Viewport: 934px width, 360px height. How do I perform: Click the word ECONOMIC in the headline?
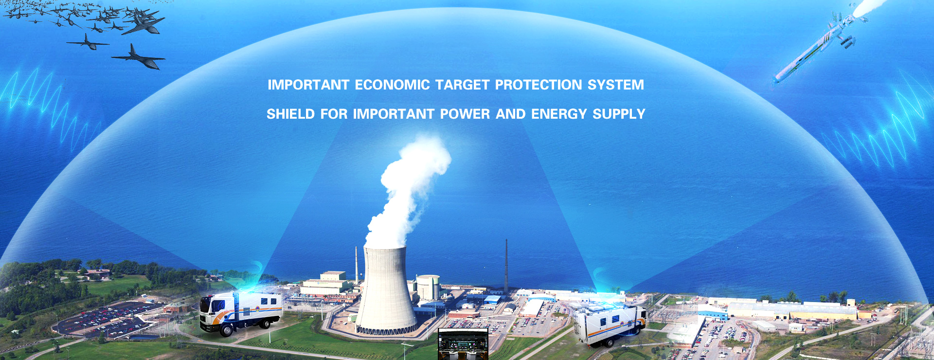coord(392,85)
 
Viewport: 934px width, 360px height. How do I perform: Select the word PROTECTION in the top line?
coord(539,85)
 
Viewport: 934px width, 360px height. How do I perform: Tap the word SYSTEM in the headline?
coord(616,85)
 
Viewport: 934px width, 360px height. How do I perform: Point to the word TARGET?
coord(463,85)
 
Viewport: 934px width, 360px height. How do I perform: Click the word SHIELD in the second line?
coord(290,114)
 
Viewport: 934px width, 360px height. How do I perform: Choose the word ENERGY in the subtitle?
coord(559,114)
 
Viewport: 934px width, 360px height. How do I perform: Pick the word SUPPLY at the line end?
coord(619,114)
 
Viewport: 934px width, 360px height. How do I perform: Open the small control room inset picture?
coord(463,344)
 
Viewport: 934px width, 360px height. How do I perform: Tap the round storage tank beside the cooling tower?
coord(428,287)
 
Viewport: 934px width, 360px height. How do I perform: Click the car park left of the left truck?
coord(105,319)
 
